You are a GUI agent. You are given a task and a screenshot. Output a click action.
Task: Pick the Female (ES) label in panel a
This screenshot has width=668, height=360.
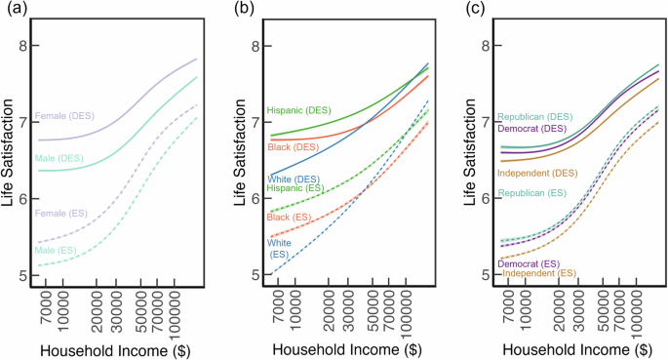pos(64,213)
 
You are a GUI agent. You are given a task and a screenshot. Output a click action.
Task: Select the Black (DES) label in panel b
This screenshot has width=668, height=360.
pos(292,146)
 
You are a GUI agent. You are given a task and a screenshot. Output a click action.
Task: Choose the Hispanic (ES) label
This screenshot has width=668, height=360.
pos(298,188)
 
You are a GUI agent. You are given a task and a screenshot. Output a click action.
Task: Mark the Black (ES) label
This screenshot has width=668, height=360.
pos(290,217)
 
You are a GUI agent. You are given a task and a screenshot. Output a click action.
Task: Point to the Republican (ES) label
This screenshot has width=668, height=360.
pos(533,194)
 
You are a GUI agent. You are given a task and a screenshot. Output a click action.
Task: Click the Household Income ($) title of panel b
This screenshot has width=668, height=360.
pos(334,348)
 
